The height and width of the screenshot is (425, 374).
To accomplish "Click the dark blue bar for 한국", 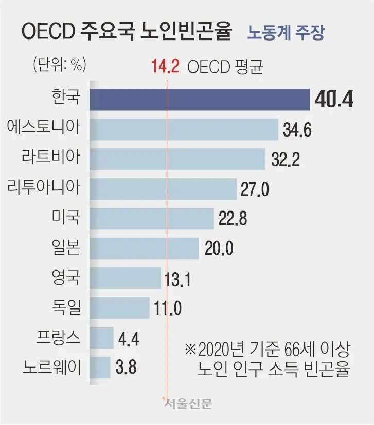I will coord(200,99).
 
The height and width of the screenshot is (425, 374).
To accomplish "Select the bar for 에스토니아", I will coord(184,129).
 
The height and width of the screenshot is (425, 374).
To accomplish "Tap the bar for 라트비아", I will coord(177,159).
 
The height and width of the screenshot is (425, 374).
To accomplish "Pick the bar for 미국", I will coord(152,219).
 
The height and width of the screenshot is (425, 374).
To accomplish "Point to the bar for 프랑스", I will coord(101,338).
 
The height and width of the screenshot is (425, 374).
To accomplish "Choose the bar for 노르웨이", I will coord(100,367).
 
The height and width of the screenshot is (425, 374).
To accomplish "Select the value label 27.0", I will coord(255,189).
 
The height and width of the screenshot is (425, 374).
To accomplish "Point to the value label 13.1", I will coord(178,279).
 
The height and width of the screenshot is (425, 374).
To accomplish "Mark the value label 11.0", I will coord(168,308).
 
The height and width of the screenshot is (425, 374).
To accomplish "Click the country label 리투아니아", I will coord(44,188).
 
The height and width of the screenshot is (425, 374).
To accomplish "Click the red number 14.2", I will coord(165,67).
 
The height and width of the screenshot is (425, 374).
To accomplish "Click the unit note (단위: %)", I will coord(59,65).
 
